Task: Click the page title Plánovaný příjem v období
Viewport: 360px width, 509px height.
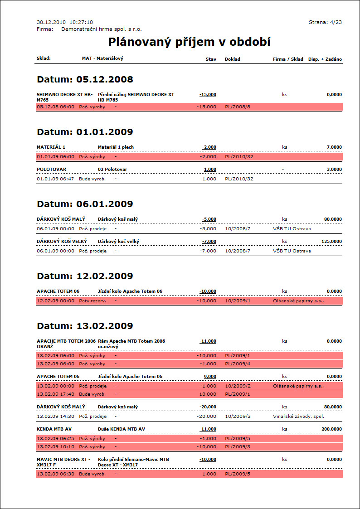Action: (190, 42)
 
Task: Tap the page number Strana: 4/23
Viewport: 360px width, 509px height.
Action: (325, 22)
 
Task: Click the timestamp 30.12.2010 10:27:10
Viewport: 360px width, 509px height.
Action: (65, 22)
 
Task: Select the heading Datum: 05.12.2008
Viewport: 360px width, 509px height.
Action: (85, 80)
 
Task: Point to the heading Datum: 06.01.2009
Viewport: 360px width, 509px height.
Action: (85, 204)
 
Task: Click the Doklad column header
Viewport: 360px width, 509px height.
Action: (233, 59)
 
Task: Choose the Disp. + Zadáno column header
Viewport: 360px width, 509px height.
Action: (325, 59)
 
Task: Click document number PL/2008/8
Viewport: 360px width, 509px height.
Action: (238, 107)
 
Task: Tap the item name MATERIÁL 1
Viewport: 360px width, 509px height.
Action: (51, 147)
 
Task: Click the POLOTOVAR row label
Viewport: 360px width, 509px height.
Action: (51, 169)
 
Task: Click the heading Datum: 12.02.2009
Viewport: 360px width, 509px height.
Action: (85, 276)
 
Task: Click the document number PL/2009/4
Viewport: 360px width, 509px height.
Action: (238, 364)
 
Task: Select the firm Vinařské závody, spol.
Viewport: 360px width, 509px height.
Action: (298, 416)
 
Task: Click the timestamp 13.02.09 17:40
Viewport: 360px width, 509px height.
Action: (55, 394)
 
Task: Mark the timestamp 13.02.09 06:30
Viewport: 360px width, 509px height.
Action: (55, 474)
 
